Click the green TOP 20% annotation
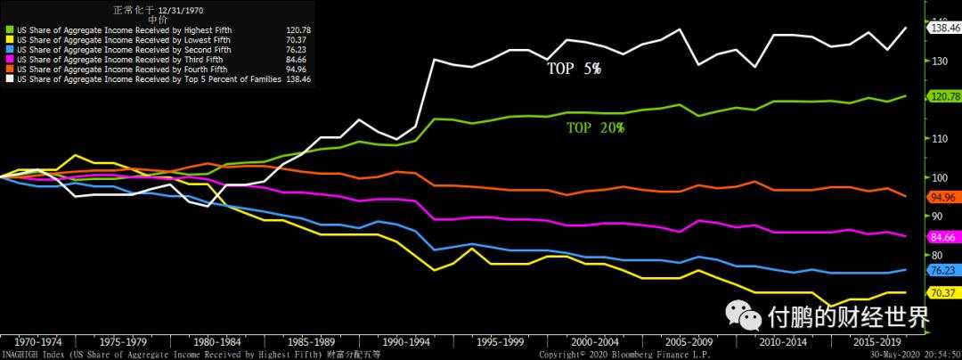595,127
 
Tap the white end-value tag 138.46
944,29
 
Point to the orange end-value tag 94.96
942,196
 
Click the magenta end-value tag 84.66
942,236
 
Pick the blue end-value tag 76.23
942,269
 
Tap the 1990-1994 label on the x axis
407,341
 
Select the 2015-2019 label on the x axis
878,341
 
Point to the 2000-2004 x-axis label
596,341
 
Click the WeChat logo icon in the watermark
745,314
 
